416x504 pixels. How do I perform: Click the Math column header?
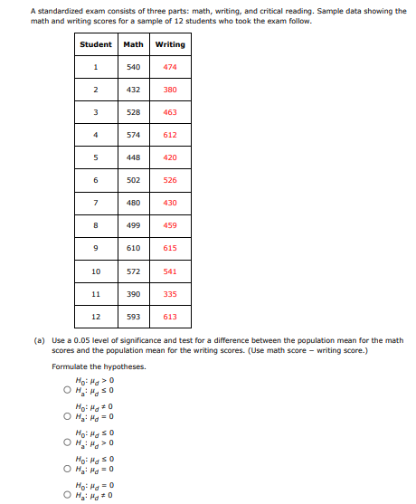pyautogui.click(x=133, y=44)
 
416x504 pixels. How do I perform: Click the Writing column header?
pyautogui.click(x=170, y=44)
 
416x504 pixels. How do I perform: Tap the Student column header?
pyautogui.click(x=96, y=44)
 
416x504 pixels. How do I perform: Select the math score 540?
pyautogui.click(x=133, y=67)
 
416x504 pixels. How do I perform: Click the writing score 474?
pyautogui.click(x=170, y=67)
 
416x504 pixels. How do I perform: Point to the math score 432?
pyautogui.click(x=133, y=90)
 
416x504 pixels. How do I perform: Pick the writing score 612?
pyautogui.click(x=170, y=135)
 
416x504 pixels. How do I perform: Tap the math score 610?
pyautogui.click(x=133, y=248)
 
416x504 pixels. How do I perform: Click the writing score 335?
pyautogui.click(x=170, y=293)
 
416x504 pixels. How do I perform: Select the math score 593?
pyautogui.click(x=133, y=317)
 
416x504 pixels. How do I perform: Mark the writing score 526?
pyautogui.click(x=170, y=180)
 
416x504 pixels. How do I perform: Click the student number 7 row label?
pyautogui.click(x=95, y=203)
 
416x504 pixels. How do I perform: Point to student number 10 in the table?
pyautogui.click(x=95, y=271)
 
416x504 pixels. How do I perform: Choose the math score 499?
pyautogui.click(x=133, y=225)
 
